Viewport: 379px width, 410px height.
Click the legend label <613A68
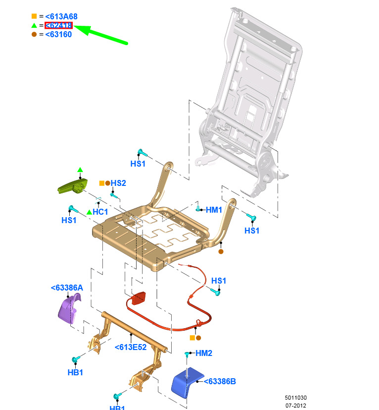coord(61,16)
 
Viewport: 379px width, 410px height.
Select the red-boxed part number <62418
coord(58,25)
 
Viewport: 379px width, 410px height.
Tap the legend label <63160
coord(58,34)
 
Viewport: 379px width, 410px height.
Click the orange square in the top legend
coord(34,16)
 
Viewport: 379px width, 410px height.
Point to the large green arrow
coord(101,34)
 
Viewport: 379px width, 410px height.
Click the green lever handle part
coord(73,186)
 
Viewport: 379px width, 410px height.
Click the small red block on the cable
coord(139,298)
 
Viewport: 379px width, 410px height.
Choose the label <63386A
coord(67,288)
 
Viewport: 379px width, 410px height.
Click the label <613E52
coord(131,347)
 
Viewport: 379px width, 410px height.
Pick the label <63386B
coord(220,382)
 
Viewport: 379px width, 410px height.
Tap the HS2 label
coord(118,183)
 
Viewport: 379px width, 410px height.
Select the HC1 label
coord(100,212)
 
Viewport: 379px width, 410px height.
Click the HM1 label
coord(214,210)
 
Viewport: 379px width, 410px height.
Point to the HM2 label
coord(203,353)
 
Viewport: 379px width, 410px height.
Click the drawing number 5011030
coord(296,398)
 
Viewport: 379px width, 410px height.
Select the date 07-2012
coord(296,406)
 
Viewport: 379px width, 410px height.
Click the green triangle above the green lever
coord(80,170)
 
